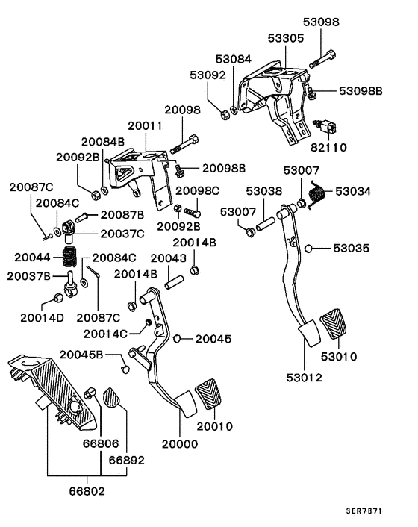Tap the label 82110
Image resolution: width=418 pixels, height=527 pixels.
coord(329,148)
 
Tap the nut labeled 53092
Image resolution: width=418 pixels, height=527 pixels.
coord(223,113)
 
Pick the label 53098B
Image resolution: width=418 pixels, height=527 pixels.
coord(360,90)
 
